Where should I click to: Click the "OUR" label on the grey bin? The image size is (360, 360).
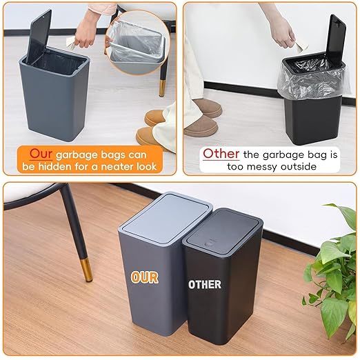[x=145, y=277]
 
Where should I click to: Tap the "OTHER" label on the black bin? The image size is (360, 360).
[x=205, y=283]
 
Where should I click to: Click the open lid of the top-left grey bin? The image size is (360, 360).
[x=39, y=36]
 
